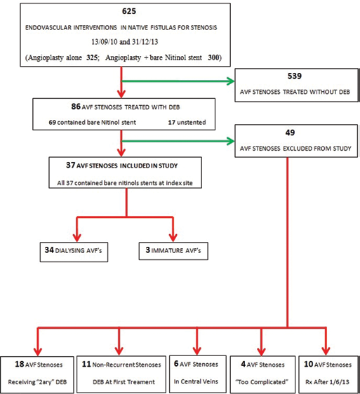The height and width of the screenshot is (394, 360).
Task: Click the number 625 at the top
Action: [129, 11]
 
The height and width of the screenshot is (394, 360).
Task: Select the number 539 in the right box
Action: [295, 76]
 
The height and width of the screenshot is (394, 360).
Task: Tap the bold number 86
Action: [76, 107]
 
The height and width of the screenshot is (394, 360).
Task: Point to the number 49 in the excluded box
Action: [290, 133]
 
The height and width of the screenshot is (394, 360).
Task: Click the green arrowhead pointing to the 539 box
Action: [231, 81]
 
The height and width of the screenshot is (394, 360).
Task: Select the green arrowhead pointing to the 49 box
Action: [231, 141]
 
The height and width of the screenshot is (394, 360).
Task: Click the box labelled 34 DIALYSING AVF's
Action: [74, 252]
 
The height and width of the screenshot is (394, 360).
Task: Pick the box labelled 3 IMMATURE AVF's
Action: [173, 251]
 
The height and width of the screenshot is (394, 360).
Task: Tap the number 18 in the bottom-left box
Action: [20, 364]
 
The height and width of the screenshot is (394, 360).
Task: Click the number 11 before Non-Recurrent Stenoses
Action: [86, 364]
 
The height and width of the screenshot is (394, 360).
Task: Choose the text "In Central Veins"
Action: [196, 381]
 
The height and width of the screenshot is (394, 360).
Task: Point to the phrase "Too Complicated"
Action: [262, 382]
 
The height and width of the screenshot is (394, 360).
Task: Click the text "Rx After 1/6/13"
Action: [327, 382]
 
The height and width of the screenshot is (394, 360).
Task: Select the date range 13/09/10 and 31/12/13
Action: [125, 41]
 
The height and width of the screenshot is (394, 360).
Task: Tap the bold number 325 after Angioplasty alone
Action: [92, 57]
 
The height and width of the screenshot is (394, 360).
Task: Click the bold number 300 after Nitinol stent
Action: [213, 57]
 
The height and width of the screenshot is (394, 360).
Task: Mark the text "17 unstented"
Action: [187, 123]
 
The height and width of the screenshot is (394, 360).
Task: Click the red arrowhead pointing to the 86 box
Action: [121, 94]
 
